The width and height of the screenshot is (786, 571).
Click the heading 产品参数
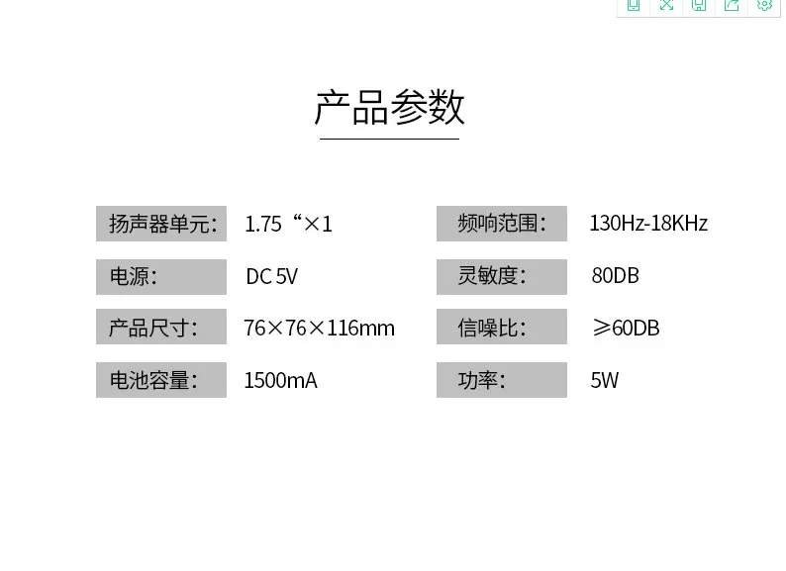click(x=389, y=107)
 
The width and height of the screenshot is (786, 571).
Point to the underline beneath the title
click(x=389, y=139)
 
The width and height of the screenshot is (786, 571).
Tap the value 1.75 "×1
click(x=288, y=224)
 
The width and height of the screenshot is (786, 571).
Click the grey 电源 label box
click(x=161, y=277)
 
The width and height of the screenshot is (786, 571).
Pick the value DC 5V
click(x=271, y=276)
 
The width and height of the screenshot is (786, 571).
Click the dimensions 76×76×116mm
click(x=320, y=329)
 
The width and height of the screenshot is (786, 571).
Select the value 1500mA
click(x=281, y=380)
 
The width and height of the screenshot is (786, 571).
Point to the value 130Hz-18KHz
click(x=648, y=223)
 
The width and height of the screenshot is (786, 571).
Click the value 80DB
click(x=616, y=276)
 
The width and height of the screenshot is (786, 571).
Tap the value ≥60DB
click(x=626, y=328)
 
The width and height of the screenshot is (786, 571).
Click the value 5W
click(x=605, y=380)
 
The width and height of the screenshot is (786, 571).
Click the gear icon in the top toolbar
click(x=764, y=5)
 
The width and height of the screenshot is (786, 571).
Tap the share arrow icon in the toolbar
click(x=732, y=5)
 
